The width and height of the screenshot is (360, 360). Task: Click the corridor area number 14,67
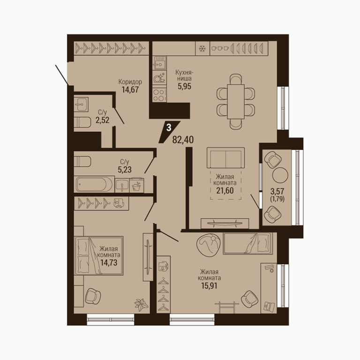[x=130, y=90]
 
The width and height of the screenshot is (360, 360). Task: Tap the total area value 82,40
[x=183, y=140]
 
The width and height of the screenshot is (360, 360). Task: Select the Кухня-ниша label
[x=184, y=75]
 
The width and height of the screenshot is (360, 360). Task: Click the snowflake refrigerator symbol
[x=202, y=48]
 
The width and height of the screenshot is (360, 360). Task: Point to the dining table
[x=236, y=101]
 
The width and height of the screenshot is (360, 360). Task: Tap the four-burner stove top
[x=159, y=95]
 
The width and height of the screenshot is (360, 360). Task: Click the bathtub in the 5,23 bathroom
[x=94, y=184]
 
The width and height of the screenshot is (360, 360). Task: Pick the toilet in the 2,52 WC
[x=82, y=122]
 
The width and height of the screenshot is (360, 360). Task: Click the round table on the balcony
[x=280, y=175]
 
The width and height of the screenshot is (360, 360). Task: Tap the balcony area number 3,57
[x=277, y=191]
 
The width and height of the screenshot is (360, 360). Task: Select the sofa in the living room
[x=225, y=158]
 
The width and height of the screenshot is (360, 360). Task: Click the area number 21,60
[x=225, y=190]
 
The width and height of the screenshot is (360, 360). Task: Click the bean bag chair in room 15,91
[x=209, y=245]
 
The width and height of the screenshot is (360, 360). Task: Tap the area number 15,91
[x=208, y=286]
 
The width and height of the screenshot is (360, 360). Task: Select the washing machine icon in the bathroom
[x=137, y=186]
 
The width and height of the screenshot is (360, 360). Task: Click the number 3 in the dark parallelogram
[x=169, y=127]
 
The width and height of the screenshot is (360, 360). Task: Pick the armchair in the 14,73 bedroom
[x=93, y=296]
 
